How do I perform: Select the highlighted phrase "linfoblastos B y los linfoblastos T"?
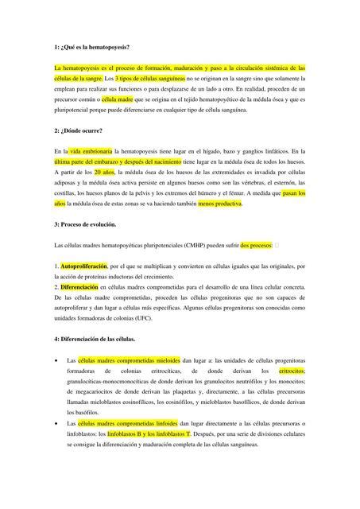point(149,434)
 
